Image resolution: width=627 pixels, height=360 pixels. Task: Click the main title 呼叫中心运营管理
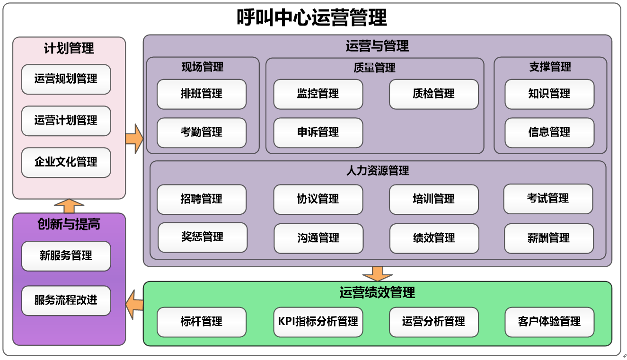pyautogui.click(x=312, y=18)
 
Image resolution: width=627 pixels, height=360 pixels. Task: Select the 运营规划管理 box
pyautogui.click(x=66, y=79)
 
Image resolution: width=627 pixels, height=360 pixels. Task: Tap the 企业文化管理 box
pyautogui.click(x=66, y=162)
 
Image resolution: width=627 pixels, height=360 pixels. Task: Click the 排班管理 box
pyautogui.click(x=201, y=94)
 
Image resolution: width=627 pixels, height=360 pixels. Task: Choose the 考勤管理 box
pyautogui.click(x=201, y=132)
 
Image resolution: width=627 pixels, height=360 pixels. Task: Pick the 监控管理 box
pyautogui.click(x=318, y=94)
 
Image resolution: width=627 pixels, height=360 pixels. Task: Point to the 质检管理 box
pyautogui.click(x=433, y=94)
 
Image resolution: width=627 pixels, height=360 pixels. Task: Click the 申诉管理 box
pyautogui.click(x=318, y=132)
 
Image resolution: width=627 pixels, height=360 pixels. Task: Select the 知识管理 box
pyautogui.click(x=549, y=94)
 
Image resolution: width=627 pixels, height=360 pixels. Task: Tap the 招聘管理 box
pyautogui.click(x=201, y=199)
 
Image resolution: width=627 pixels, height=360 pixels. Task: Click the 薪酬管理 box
pyautogui.click(x=548, y=238)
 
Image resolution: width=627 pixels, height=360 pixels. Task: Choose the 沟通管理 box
pyautogui.click(x=318, y=238)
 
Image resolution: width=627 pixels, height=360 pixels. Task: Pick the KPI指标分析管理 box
pyautogui.click(x=318, y=322)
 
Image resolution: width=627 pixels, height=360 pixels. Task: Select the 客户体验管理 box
pyautogui.click(x=549, y=322)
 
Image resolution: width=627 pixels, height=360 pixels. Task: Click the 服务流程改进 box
pyautogui.click(x=66, y=300)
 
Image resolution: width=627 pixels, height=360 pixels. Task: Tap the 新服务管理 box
pyautogui.click(x=66, y=256)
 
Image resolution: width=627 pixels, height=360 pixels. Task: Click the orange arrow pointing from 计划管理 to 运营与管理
pyautogui.click(x=134, y=139)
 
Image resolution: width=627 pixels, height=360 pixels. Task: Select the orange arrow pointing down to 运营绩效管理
pyautogui.click(x=377, y=273)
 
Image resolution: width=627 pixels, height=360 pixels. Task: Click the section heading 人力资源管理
pyautogui.click(x=378, y=171)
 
